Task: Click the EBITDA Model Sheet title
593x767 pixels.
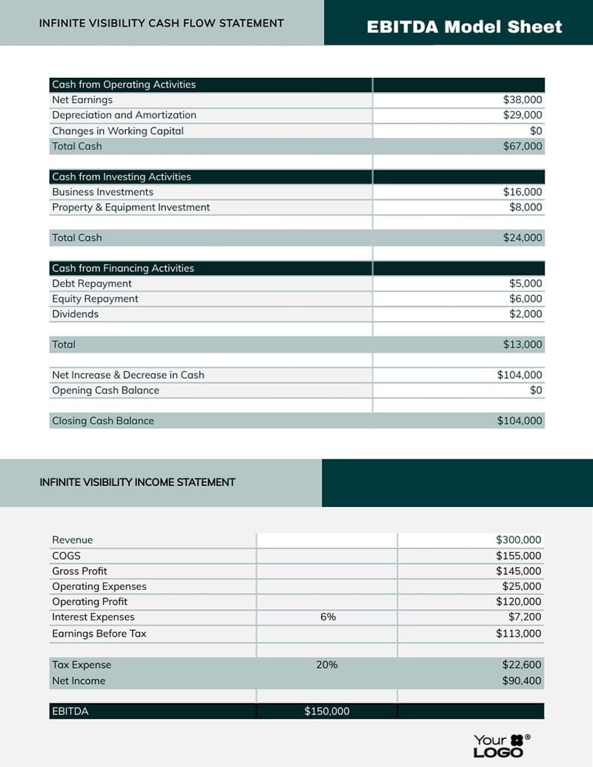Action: point(464,27)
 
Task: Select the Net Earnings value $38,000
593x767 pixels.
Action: point(523,100)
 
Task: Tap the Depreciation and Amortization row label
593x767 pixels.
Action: point(124,115)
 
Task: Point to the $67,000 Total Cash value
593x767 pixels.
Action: point(523,147)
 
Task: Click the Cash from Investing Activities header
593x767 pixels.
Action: point(122,177)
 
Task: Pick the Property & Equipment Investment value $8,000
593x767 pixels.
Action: point(526,207)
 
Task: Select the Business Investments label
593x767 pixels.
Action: point(102,192)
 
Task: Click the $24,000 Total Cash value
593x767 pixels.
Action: point(523,239)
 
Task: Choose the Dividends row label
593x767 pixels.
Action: point(75,314)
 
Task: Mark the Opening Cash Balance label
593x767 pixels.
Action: point(105,391)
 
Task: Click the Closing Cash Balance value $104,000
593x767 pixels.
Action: point(520,421)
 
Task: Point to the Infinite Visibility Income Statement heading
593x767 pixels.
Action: point(137,482)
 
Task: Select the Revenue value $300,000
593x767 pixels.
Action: point(519,540)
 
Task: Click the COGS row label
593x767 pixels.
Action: point(66,556)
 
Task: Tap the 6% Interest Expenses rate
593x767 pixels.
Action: point(328,617)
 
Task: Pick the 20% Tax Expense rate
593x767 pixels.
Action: point(327,665)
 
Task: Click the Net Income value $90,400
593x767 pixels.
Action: point(522,681)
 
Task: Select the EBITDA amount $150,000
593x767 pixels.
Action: point(327,711)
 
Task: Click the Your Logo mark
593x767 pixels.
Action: point(501,746)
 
